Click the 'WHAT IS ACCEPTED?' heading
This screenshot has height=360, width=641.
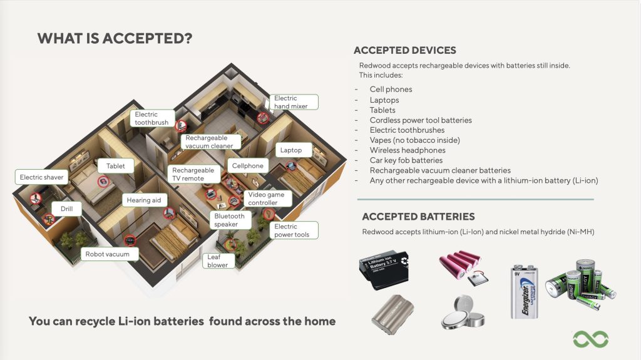[115, 38]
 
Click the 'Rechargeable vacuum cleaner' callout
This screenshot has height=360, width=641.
[209, 141]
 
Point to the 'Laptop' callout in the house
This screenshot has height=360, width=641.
[291, 150]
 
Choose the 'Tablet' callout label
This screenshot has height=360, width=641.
[116, 166]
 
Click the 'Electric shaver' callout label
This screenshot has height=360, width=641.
[41, 177]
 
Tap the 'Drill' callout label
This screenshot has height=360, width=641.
[66, 208]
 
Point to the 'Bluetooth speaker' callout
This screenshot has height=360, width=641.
[230, 220]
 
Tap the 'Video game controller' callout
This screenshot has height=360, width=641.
[266, 198]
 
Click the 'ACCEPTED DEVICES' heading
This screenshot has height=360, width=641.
[404, 51]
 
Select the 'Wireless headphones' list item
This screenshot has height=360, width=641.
[408, 150]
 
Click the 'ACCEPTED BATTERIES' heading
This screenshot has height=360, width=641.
[418, 217]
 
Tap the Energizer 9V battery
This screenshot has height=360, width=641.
[525, 291]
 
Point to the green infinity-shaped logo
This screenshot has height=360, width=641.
[590, 339]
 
